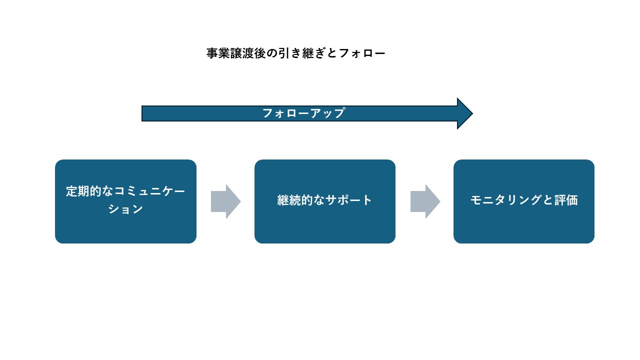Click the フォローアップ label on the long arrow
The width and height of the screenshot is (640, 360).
point(303,113)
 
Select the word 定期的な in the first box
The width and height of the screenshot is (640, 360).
point(90,191)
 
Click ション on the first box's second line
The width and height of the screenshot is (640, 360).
point(126,209)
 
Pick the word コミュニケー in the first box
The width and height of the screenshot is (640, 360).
point(150,191)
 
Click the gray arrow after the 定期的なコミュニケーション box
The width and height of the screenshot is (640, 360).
point(226,201)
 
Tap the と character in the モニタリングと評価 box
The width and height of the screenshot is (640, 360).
point(548,200)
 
